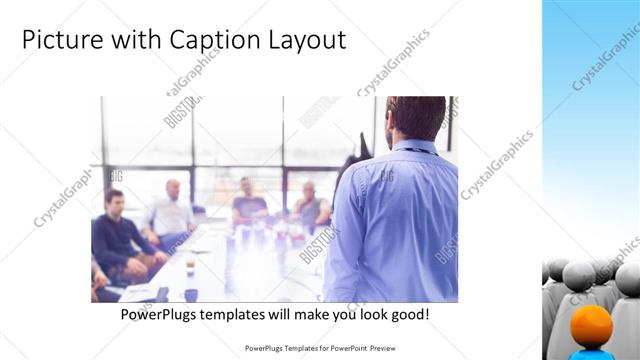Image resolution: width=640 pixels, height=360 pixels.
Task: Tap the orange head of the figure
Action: [592, 326]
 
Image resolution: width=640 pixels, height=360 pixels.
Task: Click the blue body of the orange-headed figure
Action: [592, 353]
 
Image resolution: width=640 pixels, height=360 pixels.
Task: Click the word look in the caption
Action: [364, 314]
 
